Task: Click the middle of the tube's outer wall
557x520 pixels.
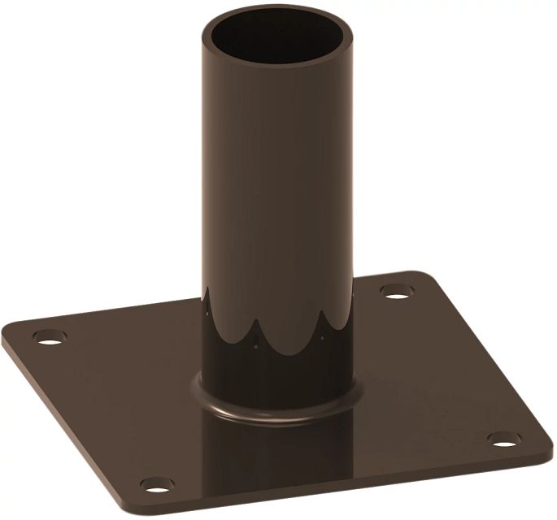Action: (276, 187)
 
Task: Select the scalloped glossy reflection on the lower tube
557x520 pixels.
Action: (276, 333)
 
